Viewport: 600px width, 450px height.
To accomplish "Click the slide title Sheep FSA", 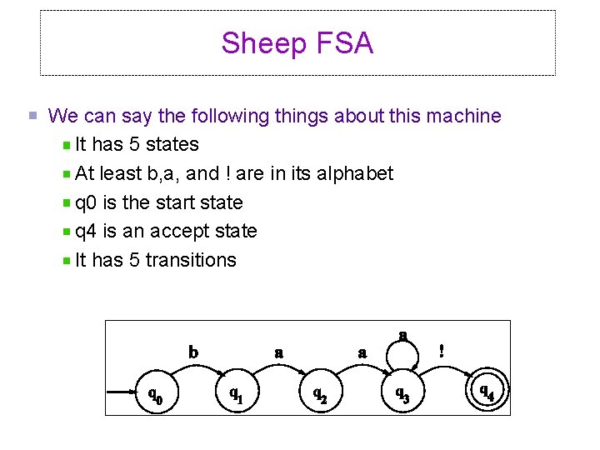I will pyautogui.click(x=297, y=43).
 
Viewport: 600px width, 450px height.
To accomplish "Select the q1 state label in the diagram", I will pyautogui.click(x=237, y=392).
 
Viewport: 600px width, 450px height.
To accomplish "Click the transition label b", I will pyautogui.click(x=193, y=352).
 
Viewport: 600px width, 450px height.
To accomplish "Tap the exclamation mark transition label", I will pyautogui.click(x=442, y=352).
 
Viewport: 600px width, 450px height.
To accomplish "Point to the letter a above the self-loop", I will pyautogui.click(x=402, y=335).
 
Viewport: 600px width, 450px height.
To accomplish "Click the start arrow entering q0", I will pyautogui.click(x=123, y=390).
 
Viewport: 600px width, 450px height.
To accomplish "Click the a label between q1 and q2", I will pyautogui.click(x=279, y=352).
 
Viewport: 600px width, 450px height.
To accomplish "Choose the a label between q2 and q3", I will pyautogui.click(x=362, y=352).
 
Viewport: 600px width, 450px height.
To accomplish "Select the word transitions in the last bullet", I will pyautogui.click(x=191, y=260).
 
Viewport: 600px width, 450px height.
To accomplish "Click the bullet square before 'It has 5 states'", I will pyautogui.click(x=67, y=145).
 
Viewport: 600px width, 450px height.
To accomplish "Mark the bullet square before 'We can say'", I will pyautogui.click(x=32, y=117).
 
